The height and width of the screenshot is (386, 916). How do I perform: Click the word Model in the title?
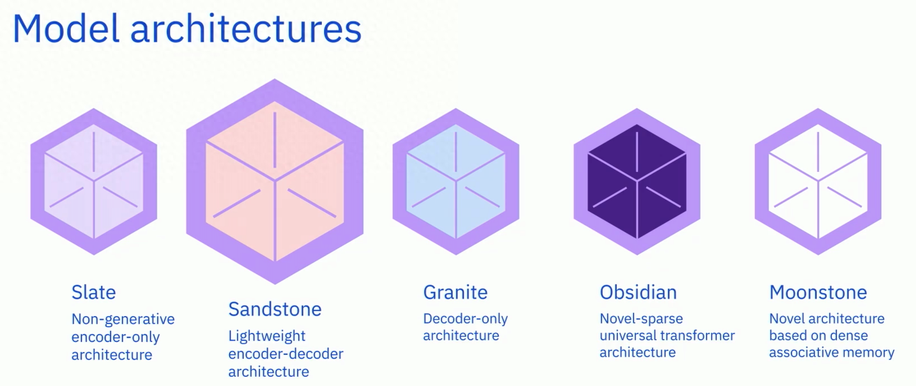(x=66, y=29)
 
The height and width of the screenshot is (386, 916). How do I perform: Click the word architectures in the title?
(x=246, y=29)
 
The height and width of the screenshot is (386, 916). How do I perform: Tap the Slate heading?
(x=93, y=293)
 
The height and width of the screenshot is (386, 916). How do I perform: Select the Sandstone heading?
(x=275, y=309)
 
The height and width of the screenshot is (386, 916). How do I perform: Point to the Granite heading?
(x=455, y=293)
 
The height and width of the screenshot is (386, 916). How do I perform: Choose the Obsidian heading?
(x=638, y=293)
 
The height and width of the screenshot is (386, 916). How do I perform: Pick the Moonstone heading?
(x=818, y=293)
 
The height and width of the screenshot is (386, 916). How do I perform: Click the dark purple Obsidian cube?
(x=637, y=181)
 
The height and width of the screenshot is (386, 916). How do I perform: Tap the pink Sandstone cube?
(x=275, y=181)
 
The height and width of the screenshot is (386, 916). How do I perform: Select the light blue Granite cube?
(x=456, y=181)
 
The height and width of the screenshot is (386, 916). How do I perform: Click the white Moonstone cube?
(x=818, y=181)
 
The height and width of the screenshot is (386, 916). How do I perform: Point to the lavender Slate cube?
(x=94, y=181)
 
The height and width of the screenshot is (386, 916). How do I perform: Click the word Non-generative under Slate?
(x=123, y=319)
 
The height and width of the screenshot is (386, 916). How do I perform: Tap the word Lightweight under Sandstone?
(x=267, y=336)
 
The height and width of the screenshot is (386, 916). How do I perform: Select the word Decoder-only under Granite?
(x=465, y=319)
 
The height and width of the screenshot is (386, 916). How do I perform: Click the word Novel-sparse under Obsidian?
(x=641, y=319)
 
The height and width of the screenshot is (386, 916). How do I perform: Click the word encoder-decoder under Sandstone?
(x=285, y=354)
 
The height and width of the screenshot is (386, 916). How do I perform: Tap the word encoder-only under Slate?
(x=116, y=337)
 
